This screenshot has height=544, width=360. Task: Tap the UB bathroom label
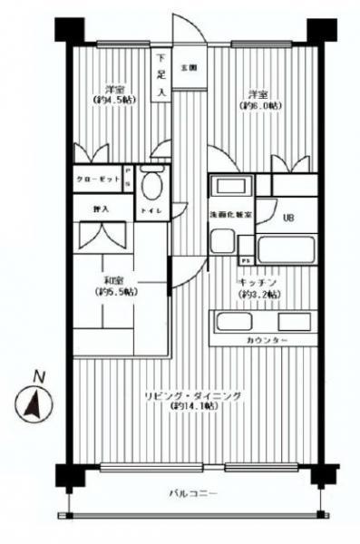[288, 218]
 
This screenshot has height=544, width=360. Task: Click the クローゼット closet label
[98, 180]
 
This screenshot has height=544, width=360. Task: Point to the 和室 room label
[114, 280]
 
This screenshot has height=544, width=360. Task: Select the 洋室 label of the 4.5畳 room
[114, 89]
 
